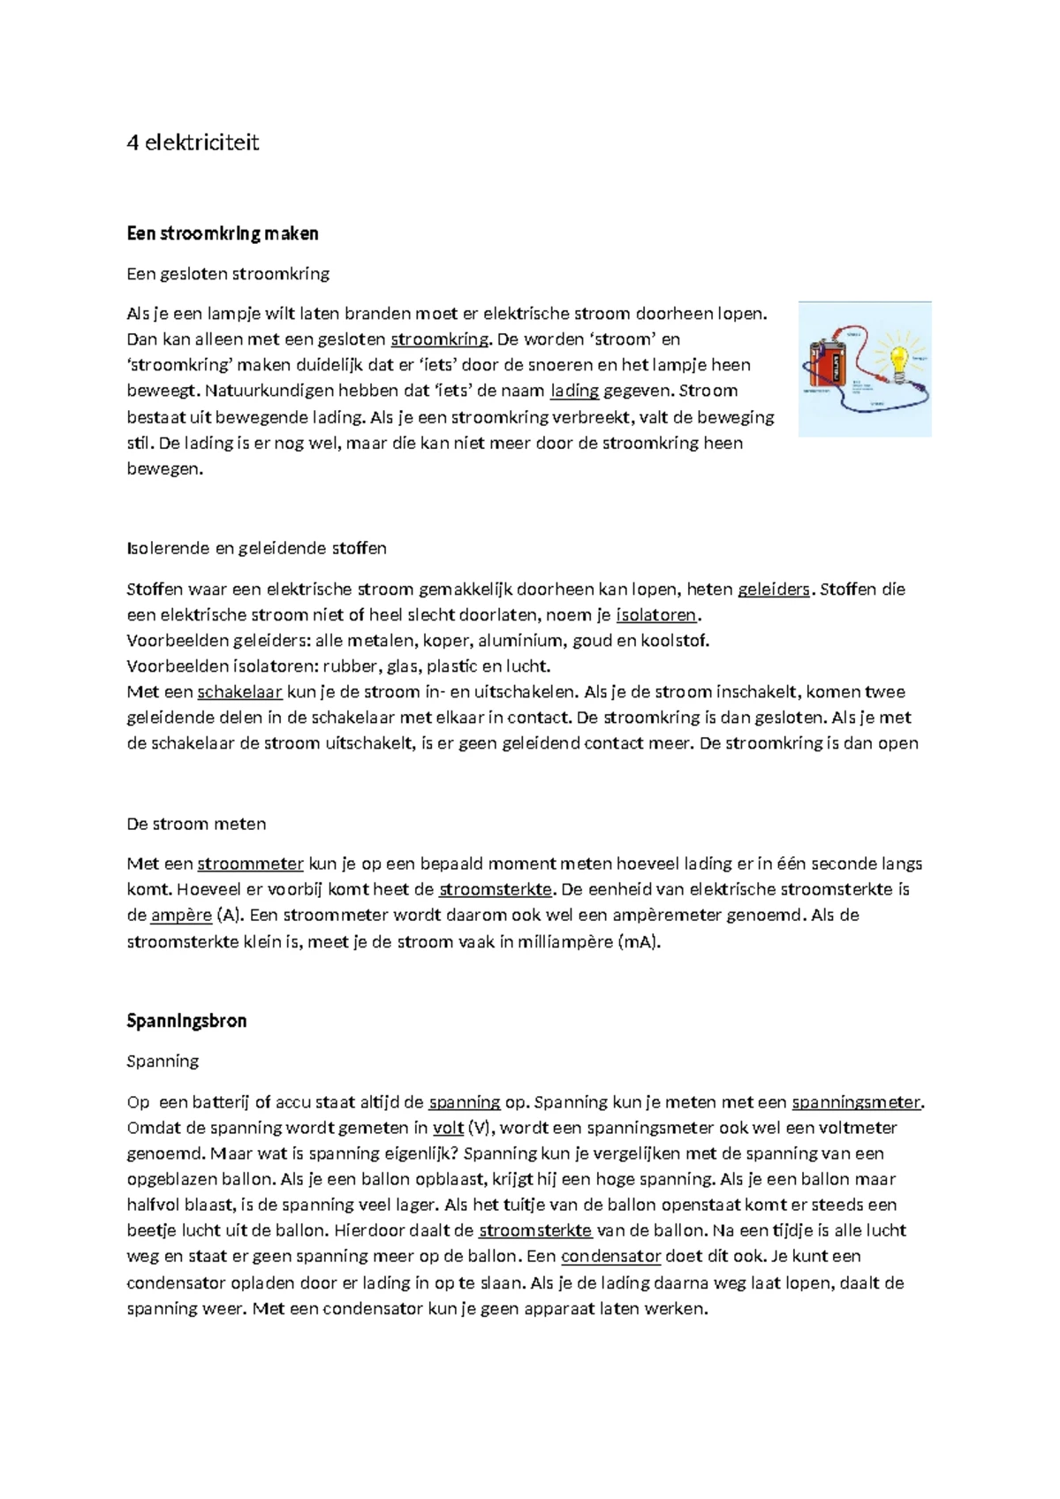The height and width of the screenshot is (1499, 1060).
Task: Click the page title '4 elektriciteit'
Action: (x=193, y=143)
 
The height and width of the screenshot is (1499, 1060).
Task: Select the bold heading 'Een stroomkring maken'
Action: (x=222, y=233)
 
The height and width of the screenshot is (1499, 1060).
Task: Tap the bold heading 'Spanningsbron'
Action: (x=186, y=1021)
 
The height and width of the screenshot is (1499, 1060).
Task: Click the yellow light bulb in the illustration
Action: (x=898, y=361)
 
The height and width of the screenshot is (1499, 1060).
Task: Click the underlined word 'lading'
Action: (x=574, y=391)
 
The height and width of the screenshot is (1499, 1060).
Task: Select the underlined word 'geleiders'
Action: (x=773, y=590)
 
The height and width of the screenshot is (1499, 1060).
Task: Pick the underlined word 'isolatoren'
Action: (x=656, y=615)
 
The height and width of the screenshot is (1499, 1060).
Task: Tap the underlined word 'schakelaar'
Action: (x=239, y=692)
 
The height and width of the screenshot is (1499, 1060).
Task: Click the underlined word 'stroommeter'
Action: (x=250, y=864)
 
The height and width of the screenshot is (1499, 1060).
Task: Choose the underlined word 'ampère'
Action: (x=181, y=915)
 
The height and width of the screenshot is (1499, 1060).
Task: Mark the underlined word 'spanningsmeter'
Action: (x=856, y=1102)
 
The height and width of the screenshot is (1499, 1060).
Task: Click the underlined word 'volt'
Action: (x=448, y=1128)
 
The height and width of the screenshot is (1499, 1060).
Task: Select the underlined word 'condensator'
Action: (x=610, y=1256)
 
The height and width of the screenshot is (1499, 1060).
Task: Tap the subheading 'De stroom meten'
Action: (x=196, y=824)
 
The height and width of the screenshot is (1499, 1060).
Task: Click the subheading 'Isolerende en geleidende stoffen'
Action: (x=256, y=548)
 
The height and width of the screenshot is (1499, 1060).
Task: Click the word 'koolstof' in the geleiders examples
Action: (x=677, y=641)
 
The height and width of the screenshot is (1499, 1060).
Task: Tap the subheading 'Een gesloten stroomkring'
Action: (x=228, y=274)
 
